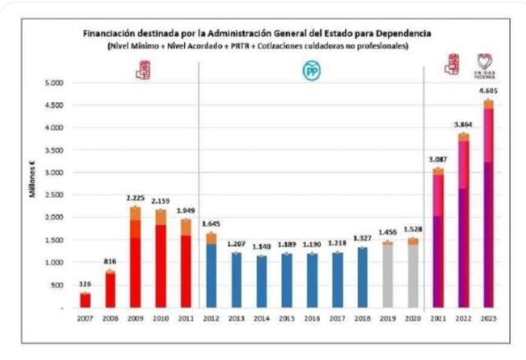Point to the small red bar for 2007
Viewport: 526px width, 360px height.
pos(85,299)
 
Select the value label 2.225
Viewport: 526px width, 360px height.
pos(134,198)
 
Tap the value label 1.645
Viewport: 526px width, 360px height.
pos(212,224)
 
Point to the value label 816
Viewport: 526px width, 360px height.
pos(109,261)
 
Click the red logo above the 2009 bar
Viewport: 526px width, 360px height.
pos(143,72)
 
